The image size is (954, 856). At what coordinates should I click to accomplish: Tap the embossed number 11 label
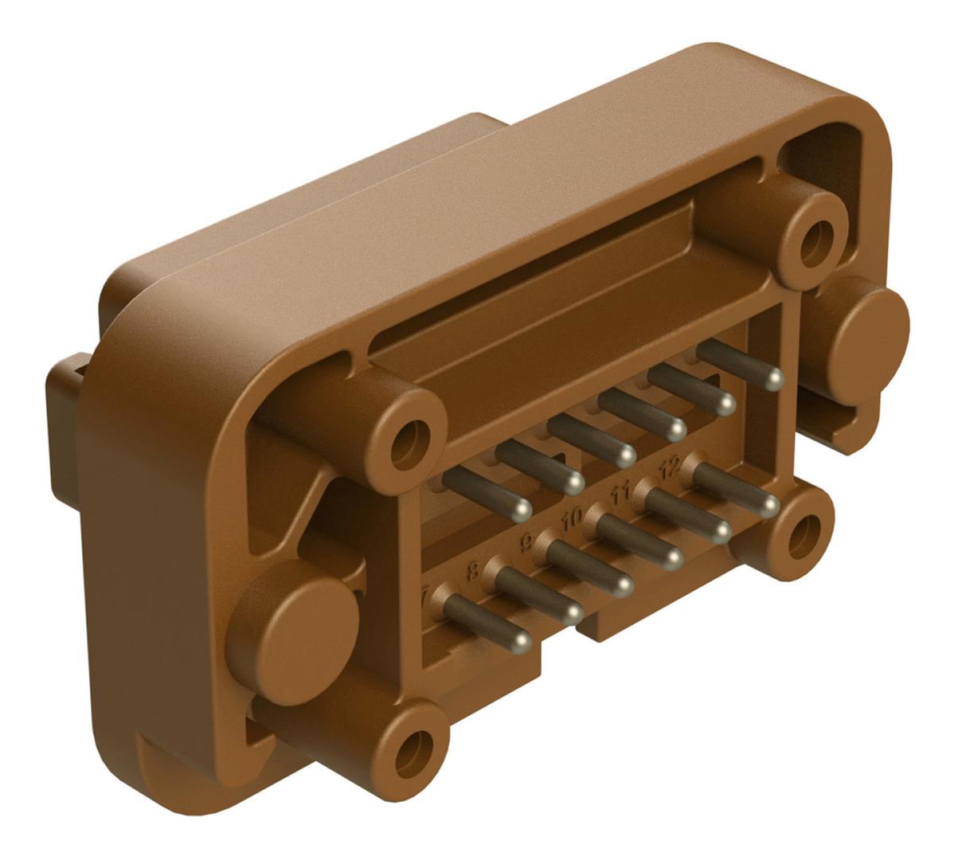click(621, 494)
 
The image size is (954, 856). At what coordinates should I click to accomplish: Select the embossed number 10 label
click(571, 519)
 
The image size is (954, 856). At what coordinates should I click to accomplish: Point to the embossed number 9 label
click(526, 544)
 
